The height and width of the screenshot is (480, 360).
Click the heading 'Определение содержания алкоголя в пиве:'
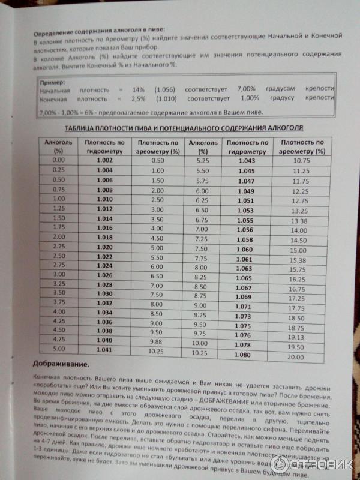point(98,29)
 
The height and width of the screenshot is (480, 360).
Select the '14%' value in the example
point(138,89)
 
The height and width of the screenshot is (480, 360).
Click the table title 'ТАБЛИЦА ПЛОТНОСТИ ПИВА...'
point(184,128)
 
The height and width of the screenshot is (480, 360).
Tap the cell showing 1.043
point(247,161)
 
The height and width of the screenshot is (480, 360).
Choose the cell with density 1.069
point(243,296)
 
